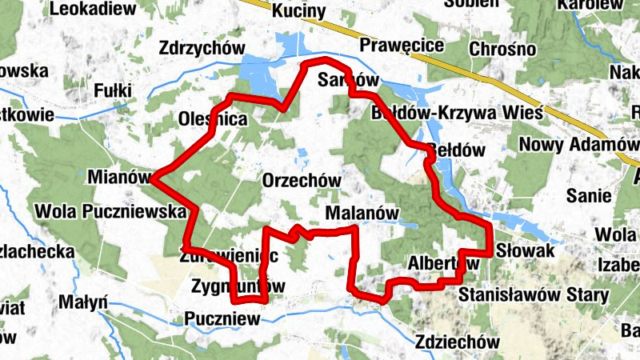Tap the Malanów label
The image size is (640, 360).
click(x=362, y=214)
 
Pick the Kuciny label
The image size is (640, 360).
click(x=298, y=11)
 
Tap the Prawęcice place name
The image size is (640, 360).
click(x=402, y=45)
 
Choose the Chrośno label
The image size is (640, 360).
click(x=497, y=50)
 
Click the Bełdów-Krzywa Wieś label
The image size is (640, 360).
click(x=458, y=113)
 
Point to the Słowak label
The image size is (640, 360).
click(x=525, y=251)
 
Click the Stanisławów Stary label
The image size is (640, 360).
click(x=534, y=294)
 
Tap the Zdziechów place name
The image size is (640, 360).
click(x=458, y=342)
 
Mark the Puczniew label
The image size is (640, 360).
click(x=222, y=318)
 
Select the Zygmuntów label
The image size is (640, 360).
click(x=238, y=286)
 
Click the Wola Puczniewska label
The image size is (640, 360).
click(x=99, y=213)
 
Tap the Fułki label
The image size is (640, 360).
click(x=112, y=90)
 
